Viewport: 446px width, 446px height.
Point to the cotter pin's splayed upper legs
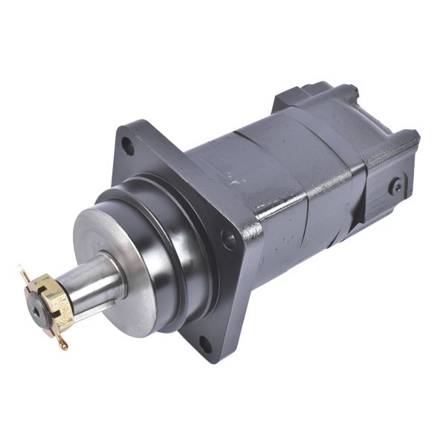coord(26,276)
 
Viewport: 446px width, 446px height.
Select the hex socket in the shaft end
coord(36,311)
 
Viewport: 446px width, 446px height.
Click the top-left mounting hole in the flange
coord(129,146)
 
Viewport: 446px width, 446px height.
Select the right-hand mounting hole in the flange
coord(230,240)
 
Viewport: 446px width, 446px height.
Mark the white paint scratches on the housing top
coord(238,178)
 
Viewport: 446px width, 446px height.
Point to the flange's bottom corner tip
coord(212,361)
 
